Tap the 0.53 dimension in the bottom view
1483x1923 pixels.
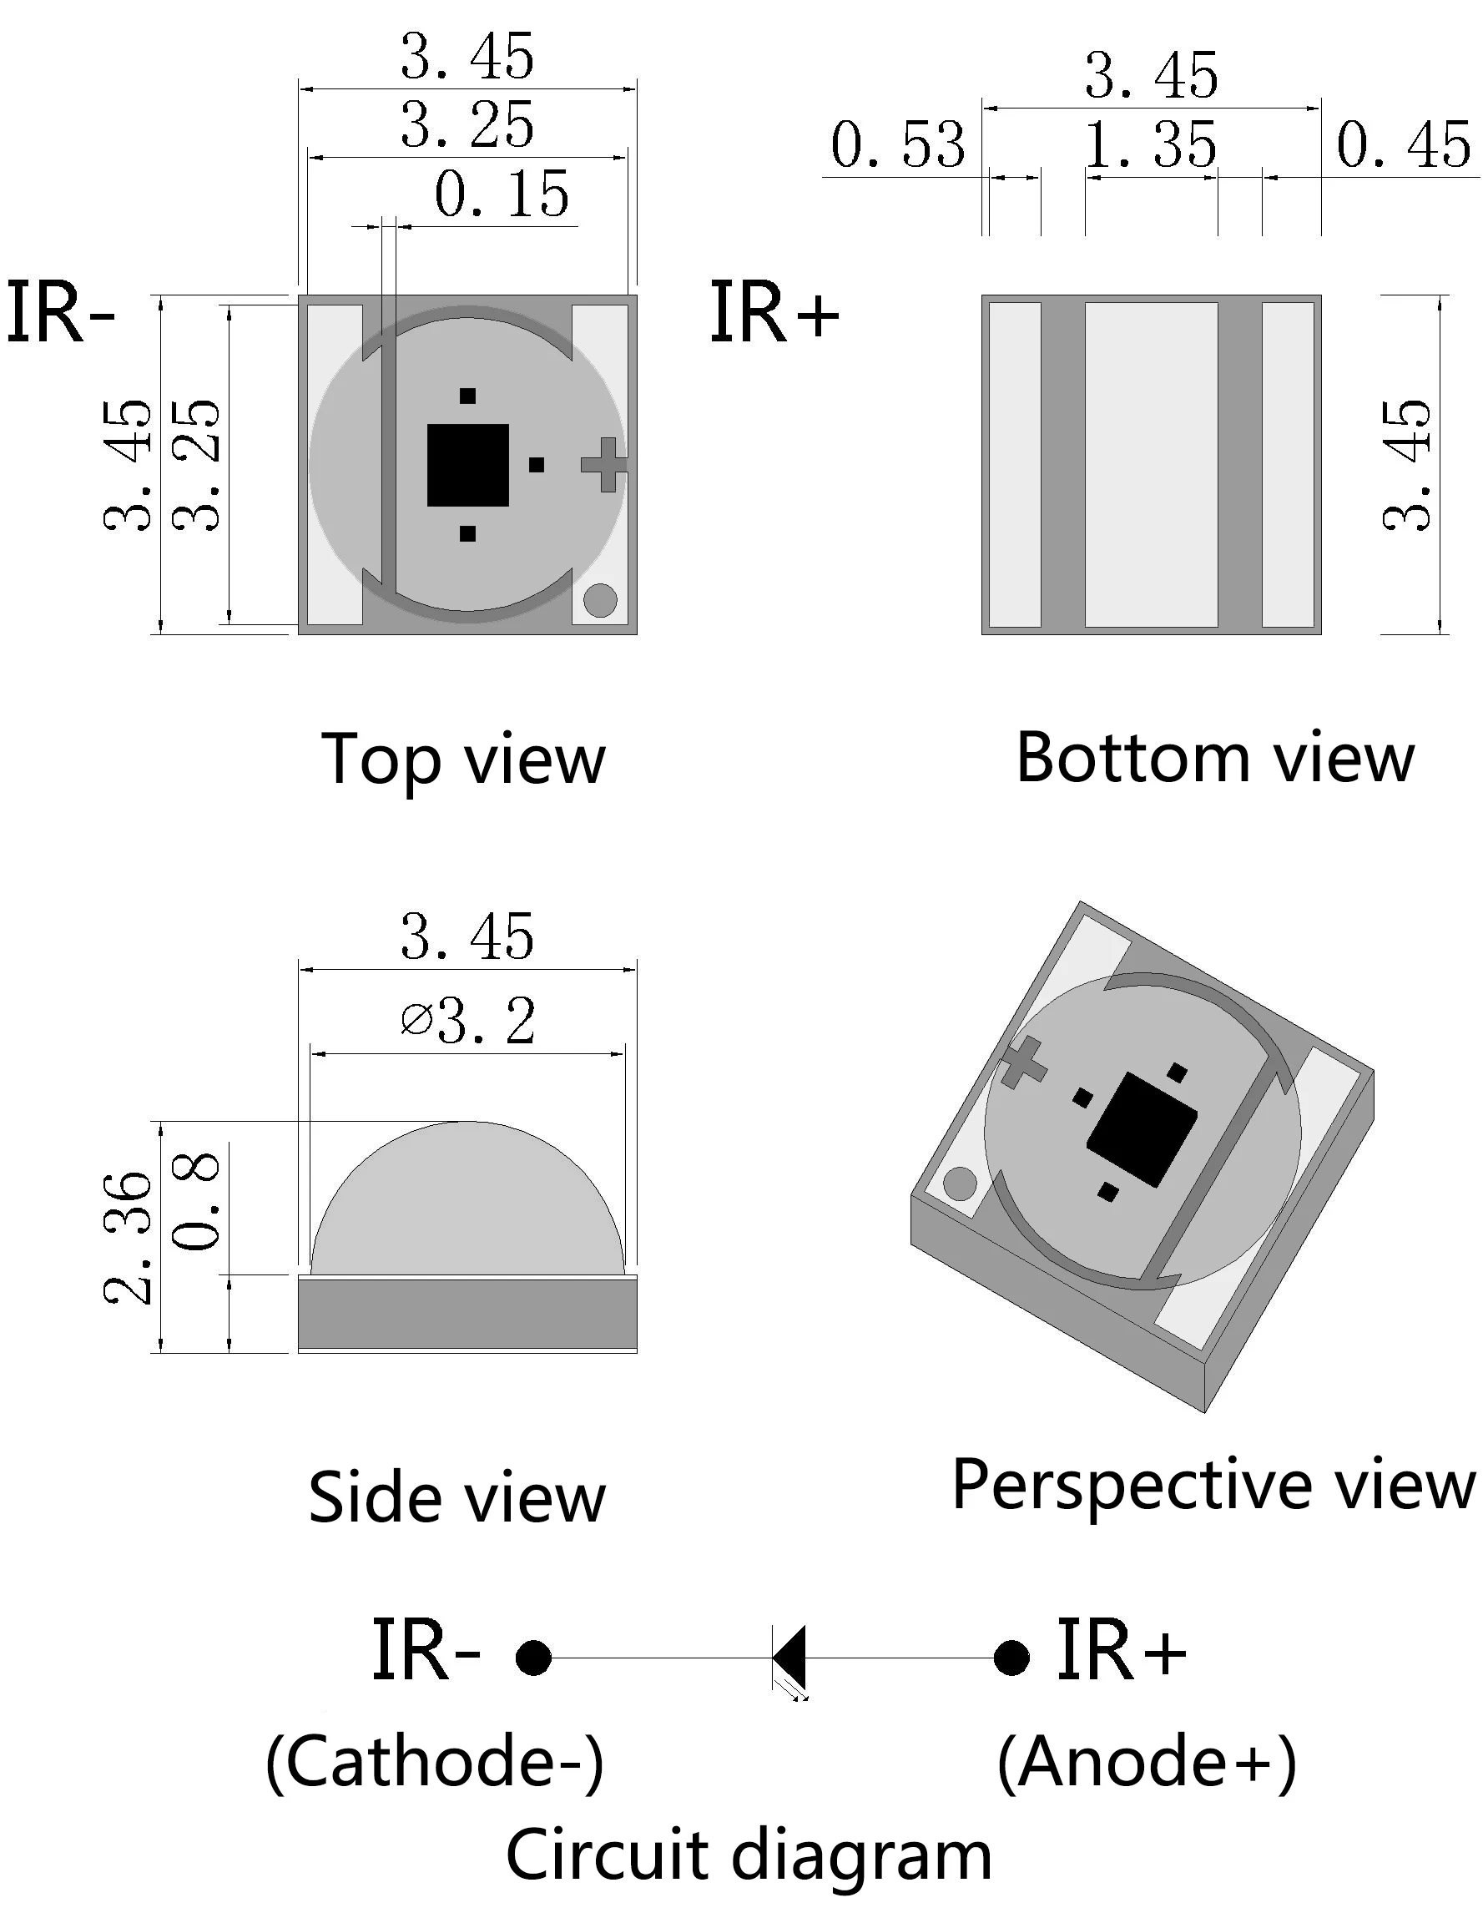coord(897,145)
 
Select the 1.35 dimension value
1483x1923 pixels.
coord(1150,145)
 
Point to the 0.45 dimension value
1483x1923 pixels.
coord(1404,145)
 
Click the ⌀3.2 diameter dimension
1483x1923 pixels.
coord(467,1022)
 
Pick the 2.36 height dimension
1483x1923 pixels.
coord(129,1238)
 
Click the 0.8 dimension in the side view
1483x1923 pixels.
coord(195,1200)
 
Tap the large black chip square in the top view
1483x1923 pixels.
coord(467,465)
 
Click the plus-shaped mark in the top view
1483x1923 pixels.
coord(604,464)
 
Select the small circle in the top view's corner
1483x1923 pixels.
coord(601,600)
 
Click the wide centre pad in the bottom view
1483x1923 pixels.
coord(1151,464)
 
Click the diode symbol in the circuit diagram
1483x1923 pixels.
coord(790,1658)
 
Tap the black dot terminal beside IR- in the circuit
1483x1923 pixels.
coord(533,1658)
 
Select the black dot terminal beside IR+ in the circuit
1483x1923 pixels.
coord(1011,1658)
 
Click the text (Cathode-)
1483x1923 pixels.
coord(435,1763)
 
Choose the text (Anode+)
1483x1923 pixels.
coord(1147,1763)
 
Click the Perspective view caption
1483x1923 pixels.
coord(1213,1486)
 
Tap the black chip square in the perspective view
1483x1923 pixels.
coord(1143,1128)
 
